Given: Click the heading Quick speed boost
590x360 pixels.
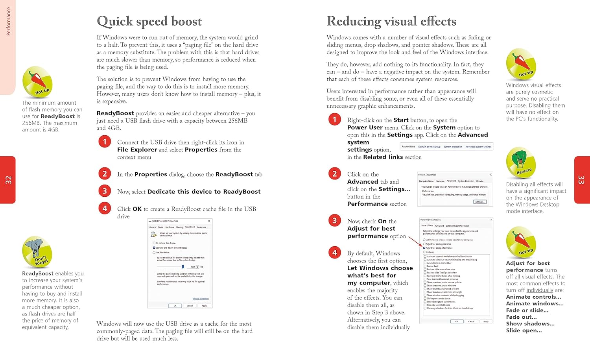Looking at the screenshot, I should [149, 21].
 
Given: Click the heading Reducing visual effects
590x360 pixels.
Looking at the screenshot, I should [391, 21].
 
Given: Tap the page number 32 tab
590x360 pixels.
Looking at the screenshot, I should [8, 180].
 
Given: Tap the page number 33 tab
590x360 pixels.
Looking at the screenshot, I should [582, 180].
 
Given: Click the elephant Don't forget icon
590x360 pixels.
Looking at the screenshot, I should [37, 252].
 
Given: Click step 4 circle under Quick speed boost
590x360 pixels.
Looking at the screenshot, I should [105, 208].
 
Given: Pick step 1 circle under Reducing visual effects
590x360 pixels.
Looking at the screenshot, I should [335, 119].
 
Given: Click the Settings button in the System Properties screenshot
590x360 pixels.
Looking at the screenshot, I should [479, 202].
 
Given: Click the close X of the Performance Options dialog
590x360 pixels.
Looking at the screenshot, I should [490, 220].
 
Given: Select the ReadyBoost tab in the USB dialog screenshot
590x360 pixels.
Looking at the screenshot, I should [190, 227].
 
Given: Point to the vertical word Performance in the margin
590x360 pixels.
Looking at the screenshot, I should [8, 21].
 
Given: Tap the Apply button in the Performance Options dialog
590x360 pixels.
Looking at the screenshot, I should [486, 321].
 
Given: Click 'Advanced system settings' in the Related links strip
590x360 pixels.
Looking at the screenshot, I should [478, 147].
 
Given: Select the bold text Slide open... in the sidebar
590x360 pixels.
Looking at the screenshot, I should [524, 330].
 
